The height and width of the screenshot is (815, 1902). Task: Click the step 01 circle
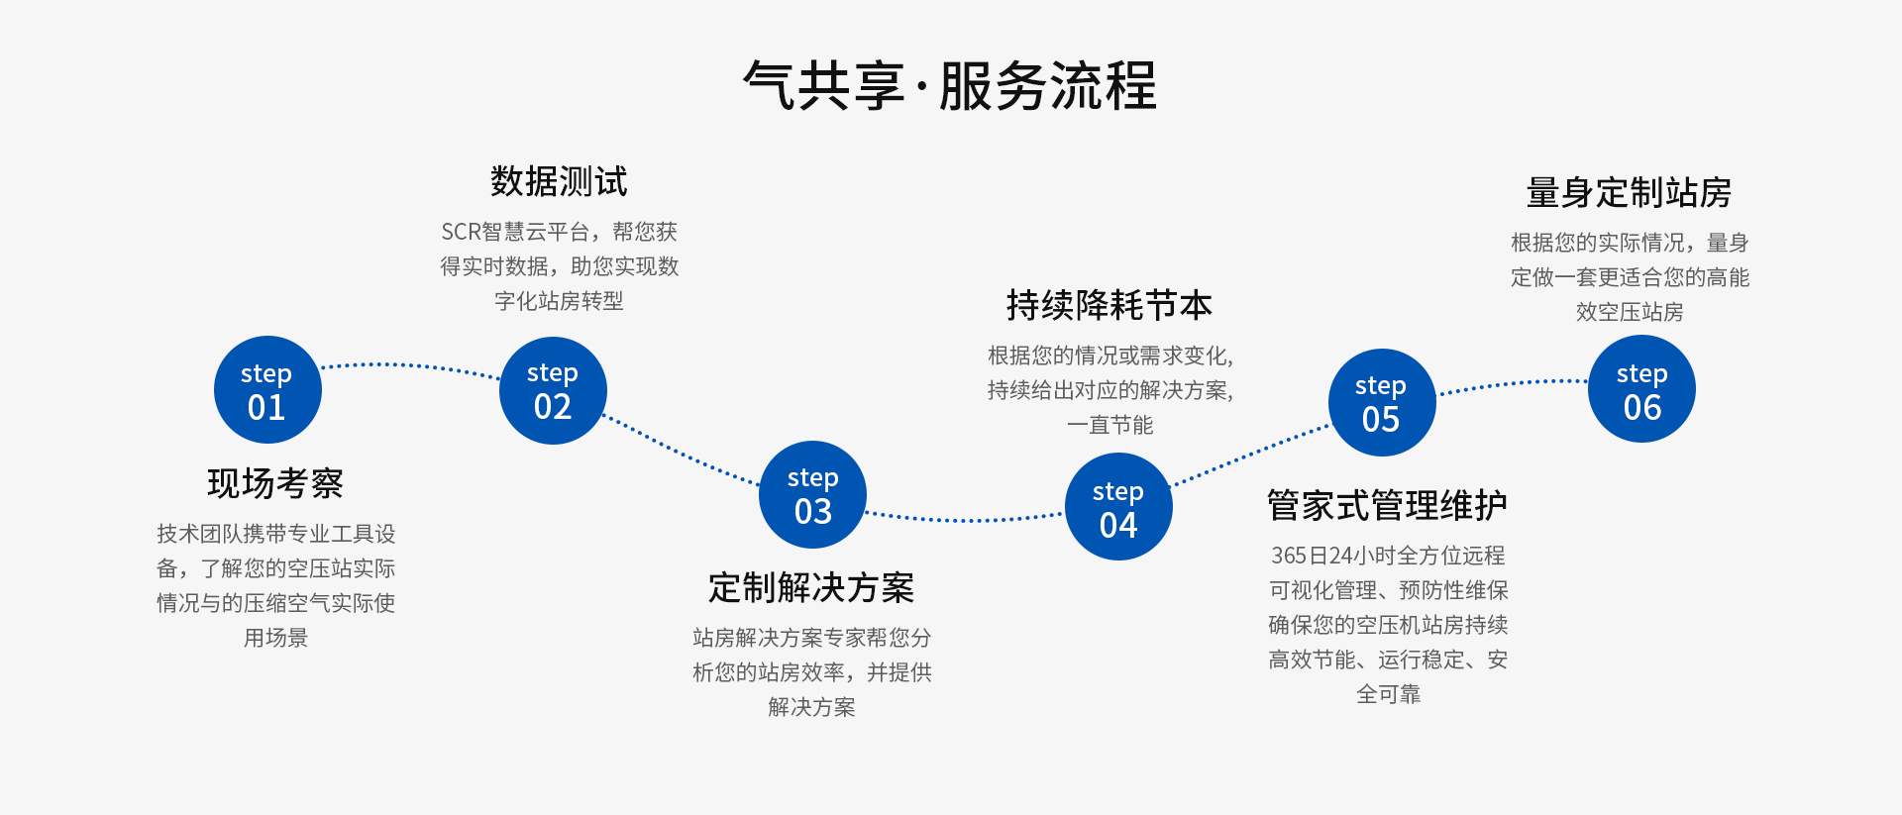point(267,390)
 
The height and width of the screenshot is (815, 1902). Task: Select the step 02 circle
point(553,390)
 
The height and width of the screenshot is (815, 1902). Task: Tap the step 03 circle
point(813,494)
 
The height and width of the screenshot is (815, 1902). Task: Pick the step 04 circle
point(1118,507)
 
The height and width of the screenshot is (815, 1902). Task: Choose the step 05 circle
point(1382,402)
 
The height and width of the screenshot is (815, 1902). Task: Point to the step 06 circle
point(1641,389)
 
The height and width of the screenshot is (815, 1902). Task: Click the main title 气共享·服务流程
point(950,85)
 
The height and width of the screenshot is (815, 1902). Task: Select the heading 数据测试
point(559,181)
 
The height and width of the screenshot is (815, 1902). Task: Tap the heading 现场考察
point(275,483)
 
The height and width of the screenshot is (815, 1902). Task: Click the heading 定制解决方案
point(811,587)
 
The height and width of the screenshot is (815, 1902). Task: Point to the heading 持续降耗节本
point(1109,305)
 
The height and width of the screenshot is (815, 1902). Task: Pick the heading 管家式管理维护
point(1388,505)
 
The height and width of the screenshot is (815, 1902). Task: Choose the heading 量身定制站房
point(1630,192)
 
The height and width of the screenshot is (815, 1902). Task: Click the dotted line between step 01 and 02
point(411,365)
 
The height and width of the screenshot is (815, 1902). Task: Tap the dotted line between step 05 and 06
point(1513,383)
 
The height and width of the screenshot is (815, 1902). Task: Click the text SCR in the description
point(461,232)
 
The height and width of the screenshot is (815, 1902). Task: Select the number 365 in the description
point(1290,556)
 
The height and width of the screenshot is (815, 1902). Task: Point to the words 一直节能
point(1110,425)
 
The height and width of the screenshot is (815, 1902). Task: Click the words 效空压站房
point(1630,312)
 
